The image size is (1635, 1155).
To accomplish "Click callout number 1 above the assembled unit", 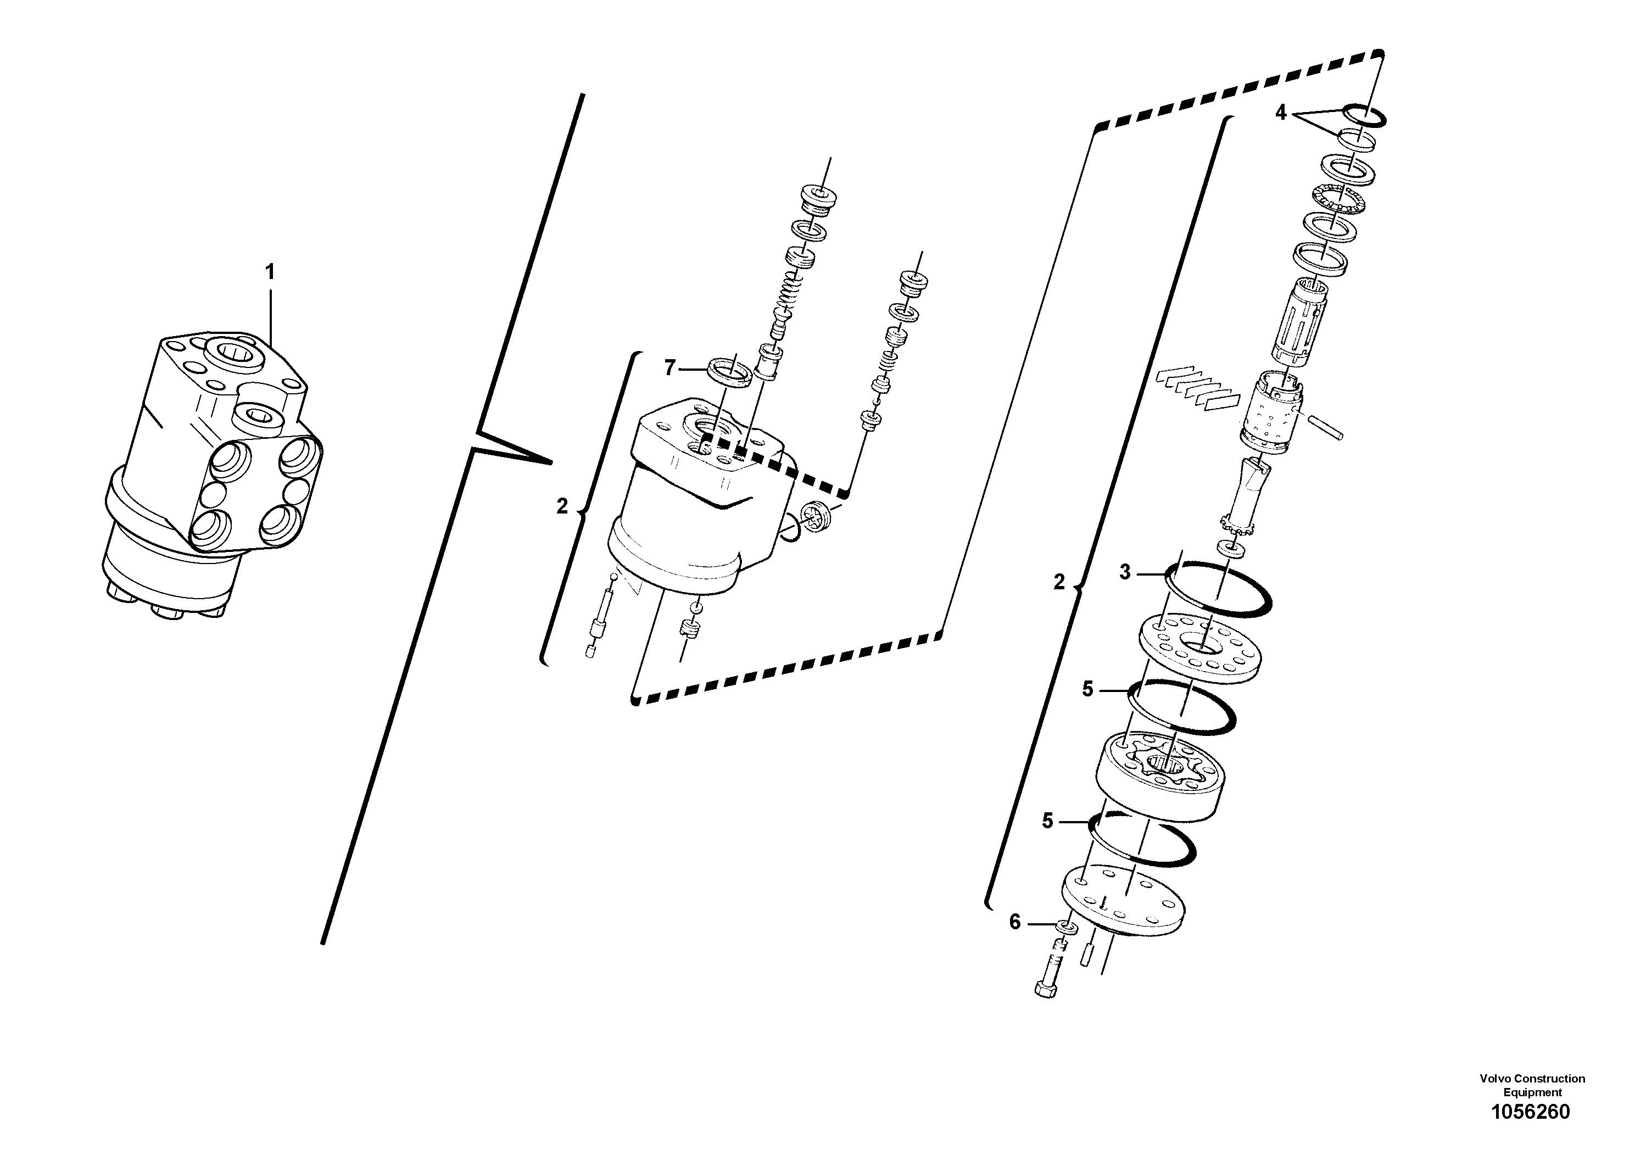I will coord(270,272).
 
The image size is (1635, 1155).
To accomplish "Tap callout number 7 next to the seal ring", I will coord(669,368).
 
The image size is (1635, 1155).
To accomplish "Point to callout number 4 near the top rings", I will coord(1280,113).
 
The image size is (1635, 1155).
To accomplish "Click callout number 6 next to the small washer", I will coord(1015,922).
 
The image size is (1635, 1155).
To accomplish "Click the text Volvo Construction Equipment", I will coord(1532,1085).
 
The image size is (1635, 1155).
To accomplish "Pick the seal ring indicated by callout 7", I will coord(729,372).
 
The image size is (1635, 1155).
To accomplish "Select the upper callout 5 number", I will coord(1087,689).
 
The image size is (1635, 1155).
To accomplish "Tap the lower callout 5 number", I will coord(1047,821).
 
